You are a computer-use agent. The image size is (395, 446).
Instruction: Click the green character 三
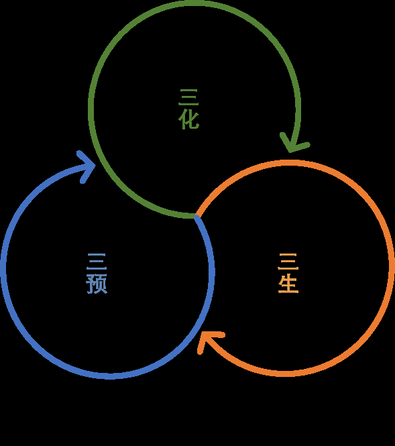point(188,97)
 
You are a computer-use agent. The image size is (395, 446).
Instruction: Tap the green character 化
point(188,119)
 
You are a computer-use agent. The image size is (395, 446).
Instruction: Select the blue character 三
point(97,262)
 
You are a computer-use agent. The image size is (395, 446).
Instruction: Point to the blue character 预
point(97,283)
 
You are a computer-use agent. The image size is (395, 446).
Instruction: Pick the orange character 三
point(288,262)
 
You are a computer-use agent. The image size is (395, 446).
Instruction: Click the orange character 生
point(288,283)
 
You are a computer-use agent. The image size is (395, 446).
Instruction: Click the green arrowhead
point(294,144)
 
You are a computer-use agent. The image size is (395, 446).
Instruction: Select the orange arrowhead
point(209,341)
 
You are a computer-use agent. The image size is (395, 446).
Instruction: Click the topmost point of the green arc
point(195,3)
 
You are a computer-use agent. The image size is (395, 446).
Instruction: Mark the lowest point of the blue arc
point(109,376)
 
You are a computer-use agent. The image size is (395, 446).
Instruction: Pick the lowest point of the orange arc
point(287,374)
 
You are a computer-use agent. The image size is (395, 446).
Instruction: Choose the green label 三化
point(188,109)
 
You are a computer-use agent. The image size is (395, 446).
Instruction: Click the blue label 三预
point(97,274)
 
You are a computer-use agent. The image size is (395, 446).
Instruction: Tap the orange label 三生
point(288,273)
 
